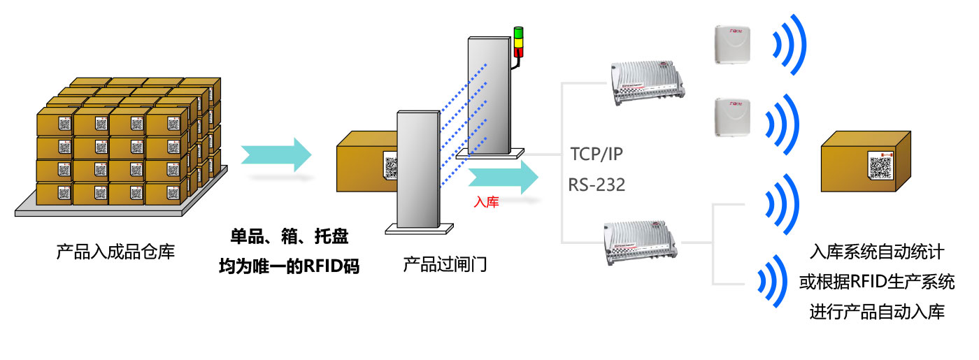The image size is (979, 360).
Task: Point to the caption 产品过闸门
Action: tap(445, 264)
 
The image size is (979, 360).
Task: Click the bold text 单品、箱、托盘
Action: tap(290, 237)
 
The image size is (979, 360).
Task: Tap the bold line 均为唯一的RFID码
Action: tap(290, 266)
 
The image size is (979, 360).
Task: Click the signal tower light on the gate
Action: tap(518, 43)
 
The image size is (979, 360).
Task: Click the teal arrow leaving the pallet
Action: tap(276, 154)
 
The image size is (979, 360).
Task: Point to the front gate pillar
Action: tap(418, 168)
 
